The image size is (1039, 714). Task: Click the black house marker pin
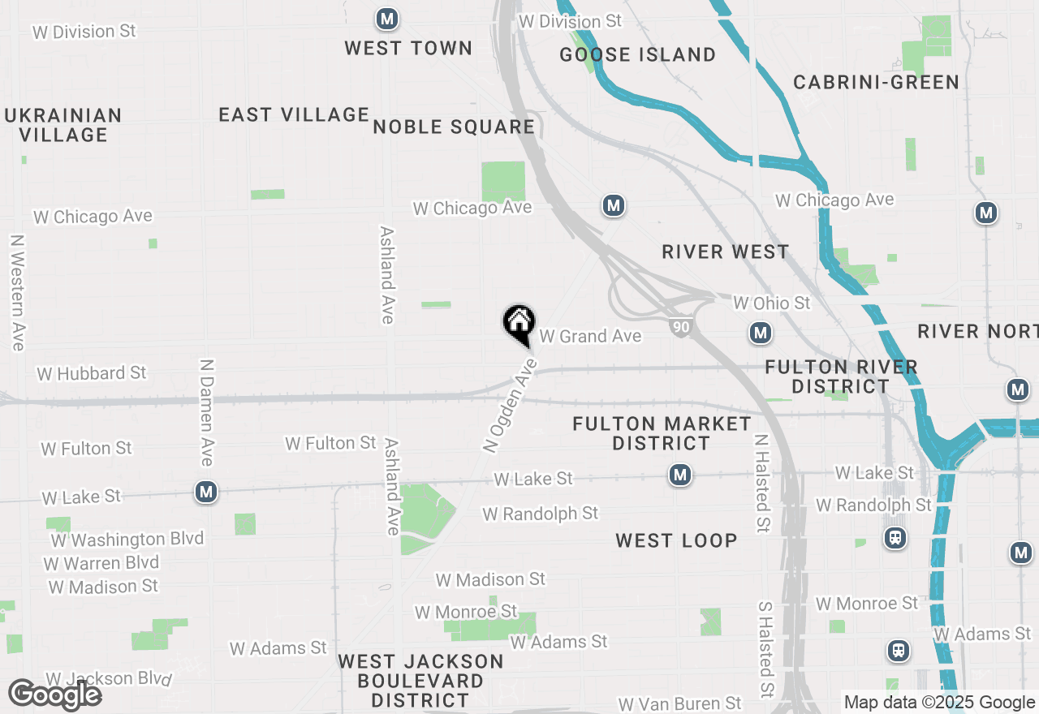point(519,324)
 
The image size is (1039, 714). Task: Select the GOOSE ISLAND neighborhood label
point(639,54)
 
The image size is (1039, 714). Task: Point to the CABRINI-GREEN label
point(876,82)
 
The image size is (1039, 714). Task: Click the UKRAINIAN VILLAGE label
point(63,125)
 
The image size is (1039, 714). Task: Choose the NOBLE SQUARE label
point(454,127)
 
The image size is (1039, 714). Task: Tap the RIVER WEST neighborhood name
point(725,252)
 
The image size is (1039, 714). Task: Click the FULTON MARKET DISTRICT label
point(662,433)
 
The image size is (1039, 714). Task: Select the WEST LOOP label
point(676,540)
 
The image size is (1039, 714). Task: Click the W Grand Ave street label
point(590,336)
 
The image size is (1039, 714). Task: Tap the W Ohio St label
point(771,303)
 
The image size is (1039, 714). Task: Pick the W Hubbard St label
point(92,373)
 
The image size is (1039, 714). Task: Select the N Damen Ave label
point(206,412)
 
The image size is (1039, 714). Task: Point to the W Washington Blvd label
point(127,540)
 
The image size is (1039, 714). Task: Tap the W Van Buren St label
point(679,703)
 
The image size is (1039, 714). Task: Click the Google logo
point(54,695)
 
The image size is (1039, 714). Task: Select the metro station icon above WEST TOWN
point(387,18)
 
